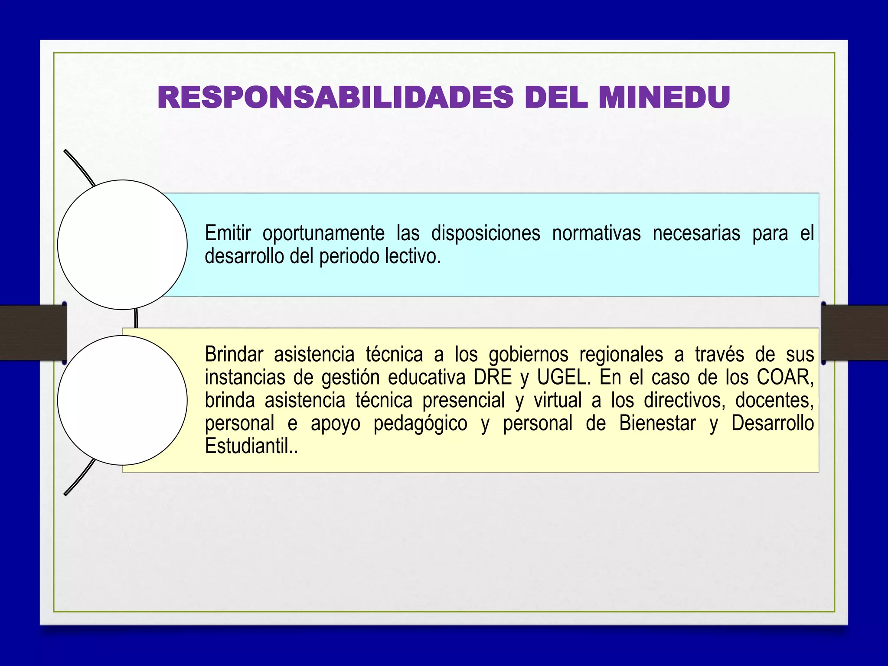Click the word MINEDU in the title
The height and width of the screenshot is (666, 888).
664,98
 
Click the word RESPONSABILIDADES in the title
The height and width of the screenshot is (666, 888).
335,98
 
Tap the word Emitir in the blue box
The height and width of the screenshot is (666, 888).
228,233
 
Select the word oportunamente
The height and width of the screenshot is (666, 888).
323,233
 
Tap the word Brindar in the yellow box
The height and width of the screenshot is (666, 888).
234,354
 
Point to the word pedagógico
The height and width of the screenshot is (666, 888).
420,424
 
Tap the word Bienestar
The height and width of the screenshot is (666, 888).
657,423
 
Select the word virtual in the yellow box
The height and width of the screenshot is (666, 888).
558,400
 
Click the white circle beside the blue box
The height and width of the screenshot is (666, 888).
122,245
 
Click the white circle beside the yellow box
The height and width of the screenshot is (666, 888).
122,400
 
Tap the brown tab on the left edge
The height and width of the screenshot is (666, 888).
33,333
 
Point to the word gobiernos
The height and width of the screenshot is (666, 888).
528,355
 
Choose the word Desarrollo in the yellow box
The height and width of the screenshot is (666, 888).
773,423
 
